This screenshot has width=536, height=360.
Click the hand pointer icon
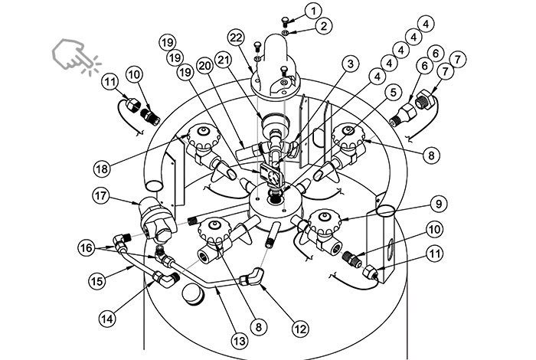pos(76,56)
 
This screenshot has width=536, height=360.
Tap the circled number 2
pos(323,26)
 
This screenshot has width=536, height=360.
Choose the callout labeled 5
pos(393,93)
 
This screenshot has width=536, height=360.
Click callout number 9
pos(438,204)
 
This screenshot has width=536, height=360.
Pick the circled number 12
pos(300,329)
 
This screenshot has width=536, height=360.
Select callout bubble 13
pos(239,341)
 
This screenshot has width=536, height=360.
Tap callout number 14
pos(107,319)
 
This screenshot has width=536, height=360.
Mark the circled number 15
pos(97,281)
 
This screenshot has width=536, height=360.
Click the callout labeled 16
pos(87,247)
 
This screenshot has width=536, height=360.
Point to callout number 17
pos(101,196)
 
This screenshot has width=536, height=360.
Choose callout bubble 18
pos(102,169)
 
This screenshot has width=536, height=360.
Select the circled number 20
pos(205,66)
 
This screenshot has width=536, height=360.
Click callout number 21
pos(223,60)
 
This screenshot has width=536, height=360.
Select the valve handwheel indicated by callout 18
pos(203,136)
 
